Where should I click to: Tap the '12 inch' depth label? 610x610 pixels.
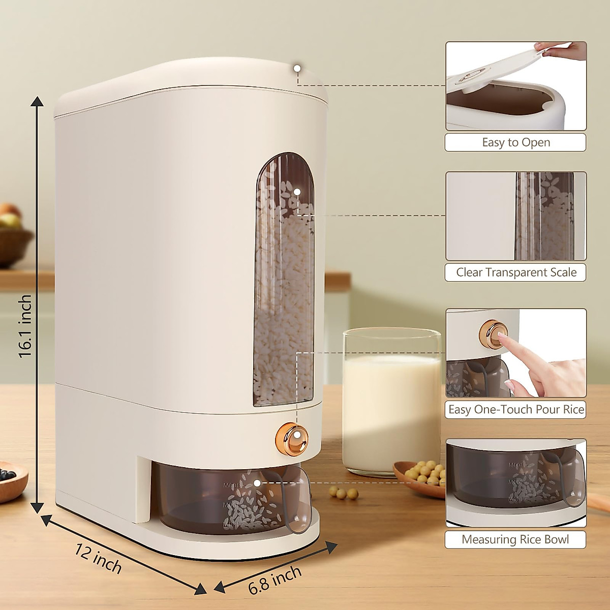coord(98,559)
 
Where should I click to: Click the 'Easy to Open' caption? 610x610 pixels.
coord(515,142)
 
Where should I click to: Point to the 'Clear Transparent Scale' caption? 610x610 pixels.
coord(515,272)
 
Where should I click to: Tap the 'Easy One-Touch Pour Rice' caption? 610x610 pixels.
coord(515,409)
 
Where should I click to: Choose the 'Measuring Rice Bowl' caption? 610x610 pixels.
coord(515,539)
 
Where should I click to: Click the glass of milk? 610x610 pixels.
coord(391,402)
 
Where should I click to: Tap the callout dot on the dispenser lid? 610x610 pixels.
coord(297,68)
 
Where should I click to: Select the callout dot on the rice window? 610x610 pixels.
coord(297,192)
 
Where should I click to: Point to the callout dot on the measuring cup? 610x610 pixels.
coord(257,483)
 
